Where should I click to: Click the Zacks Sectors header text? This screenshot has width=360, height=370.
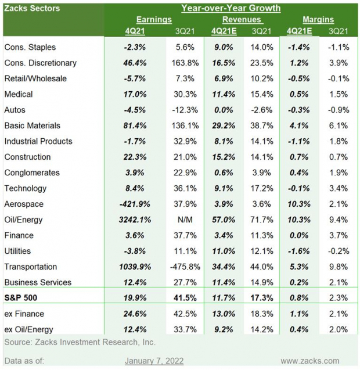32,8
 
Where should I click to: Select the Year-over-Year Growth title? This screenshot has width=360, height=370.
231,8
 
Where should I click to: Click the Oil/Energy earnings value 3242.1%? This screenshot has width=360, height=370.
135,220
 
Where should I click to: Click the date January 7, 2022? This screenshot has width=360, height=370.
154,361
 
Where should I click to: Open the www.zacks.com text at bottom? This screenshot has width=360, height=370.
310,361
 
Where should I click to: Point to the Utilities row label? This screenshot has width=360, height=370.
19,251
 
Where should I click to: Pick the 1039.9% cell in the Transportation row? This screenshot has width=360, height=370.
135,267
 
